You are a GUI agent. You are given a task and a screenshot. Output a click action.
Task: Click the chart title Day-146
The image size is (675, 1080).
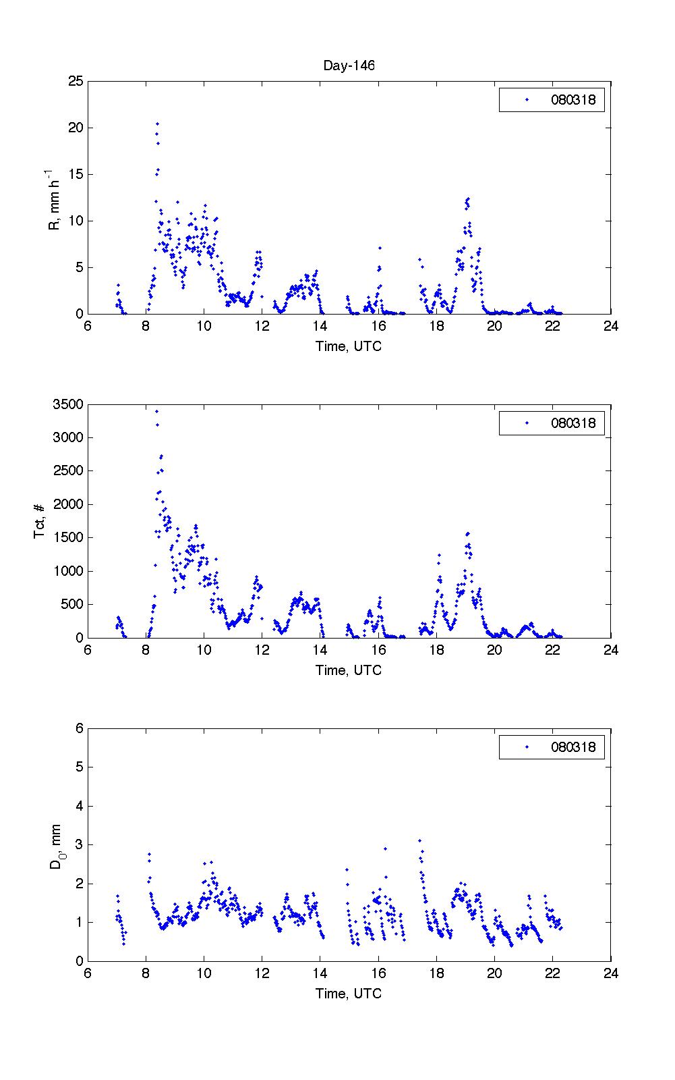[x=349, y=65]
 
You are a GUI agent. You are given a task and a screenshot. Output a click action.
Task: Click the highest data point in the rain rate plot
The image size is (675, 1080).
[x=157, y=124]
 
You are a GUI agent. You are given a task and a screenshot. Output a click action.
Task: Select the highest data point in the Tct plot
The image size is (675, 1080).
[x=156, y=411]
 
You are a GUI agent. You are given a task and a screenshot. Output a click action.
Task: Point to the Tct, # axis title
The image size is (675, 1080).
[x=40, y=521]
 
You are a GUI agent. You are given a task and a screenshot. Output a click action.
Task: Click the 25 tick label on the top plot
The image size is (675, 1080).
[x=76, y=82]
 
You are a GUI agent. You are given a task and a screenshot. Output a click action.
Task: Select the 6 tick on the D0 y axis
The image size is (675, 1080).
[x=79, y=728]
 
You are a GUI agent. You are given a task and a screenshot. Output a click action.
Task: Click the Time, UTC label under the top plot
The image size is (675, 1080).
[x=349, y=346]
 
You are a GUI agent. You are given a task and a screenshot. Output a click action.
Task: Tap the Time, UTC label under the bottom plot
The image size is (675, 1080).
[x=349, y=994]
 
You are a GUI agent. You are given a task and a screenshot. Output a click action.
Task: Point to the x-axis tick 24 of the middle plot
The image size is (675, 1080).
[x=610, y=651]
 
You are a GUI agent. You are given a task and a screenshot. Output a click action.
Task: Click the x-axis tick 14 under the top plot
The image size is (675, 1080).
[x=320, y=327]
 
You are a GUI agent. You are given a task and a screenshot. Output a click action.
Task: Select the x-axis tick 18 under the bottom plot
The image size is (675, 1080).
[x=436, y=974]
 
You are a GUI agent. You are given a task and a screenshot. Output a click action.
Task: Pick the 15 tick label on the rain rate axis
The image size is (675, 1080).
[x=76, y=175]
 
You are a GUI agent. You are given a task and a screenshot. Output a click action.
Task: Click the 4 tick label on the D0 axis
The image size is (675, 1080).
[x=79, y=806]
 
